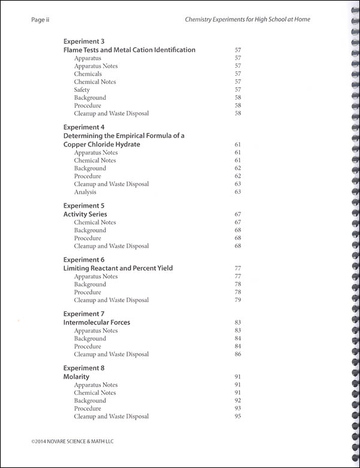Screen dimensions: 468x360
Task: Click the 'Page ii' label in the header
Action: tap(40, 19)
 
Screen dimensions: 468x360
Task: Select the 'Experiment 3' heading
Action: tap(84, 41)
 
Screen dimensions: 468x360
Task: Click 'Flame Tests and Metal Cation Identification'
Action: tap(130, 50)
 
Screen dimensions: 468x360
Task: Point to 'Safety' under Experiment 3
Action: tap(82, 89)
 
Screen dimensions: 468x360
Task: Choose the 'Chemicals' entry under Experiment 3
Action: tap(88, 74)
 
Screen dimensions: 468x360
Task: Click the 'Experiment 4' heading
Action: tap(84, 127)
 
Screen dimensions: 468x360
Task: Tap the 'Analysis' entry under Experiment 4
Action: tap(85, 192)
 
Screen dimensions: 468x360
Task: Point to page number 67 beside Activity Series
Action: tap(238, 214)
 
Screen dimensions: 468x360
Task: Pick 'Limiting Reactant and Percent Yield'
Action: tap(118, 268)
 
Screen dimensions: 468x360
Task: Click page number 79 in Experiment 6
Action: tap(238, 300)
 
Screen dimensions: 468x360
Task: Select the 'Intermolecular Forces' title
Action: tap(97, 322)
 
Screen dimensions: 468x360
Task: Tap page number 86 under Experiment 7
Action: tap(238, 354)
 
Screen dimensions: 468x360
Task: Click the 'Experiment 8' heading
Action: tap(84, 368)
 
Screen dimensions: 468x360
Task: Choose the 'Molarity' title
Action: tap(76, 376)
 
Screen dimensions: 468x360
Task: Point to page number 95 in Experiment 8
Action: tap(238, 416)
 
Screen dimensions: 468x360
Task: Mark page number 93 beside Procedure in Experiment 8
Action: tap(238, 409)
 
